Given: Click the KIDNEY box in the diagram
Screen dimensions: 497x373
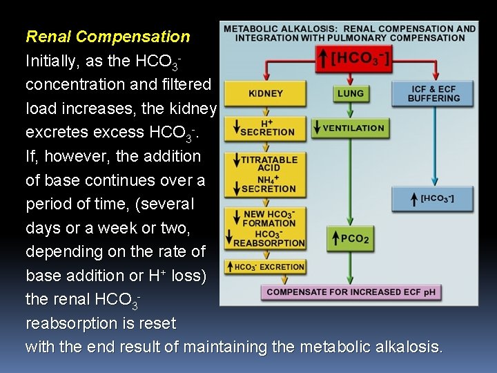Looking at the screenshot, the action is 265,93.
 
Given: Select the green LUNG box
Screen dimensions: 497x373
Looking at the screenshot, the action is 351,93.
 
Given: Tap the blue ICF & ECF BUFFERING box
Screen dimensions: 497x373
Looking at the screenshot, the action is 433,93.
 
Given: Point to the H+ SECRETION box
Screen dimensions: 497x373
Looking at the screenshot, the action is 265,127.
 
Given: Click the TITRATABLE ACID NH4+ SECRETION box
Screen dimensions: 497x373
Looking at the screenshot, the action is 265,174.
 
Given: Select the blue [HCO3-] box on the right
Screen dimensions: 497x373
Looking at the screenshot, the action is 433,199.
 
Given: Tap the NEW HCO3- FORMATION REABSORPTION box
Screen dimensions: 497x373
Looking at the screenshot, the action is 265,228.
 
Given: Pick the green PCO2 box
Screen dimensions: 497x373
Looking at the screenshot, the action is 350,239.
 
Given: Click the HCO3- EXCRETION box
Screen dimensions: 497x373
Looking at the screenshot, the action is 265,267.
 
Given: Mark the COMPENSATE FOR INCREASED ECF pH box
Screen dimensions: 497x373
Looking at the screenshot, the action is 351,291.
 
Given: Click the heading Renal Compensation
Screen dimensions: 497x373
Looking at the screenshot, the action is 108,37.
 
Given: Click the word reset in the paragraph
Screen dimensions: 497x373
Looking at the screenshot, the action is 159,323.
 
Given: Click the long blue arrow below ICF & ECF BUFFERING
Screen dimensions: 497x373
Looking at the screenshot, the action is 433,145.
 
